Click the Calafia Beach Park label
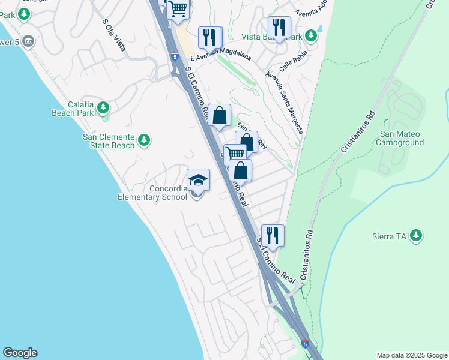(72, 108)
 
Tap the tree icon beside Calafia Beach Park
(104, 108)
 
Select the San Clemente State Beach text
(108, 140)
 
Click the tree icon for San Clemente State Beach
(144, 140)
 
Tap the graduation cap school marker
(199, 179)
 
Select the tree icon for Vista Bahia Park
(310, 37)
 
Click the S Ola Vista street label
(113, 35)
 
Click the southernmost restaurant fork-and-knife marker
(273, 235)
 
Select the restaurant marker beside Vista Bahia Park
(279, 27)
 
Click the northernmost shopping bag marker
(220, 115)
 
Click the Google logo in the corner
(20, 353)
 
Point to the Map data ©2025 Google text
(412, 355)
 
